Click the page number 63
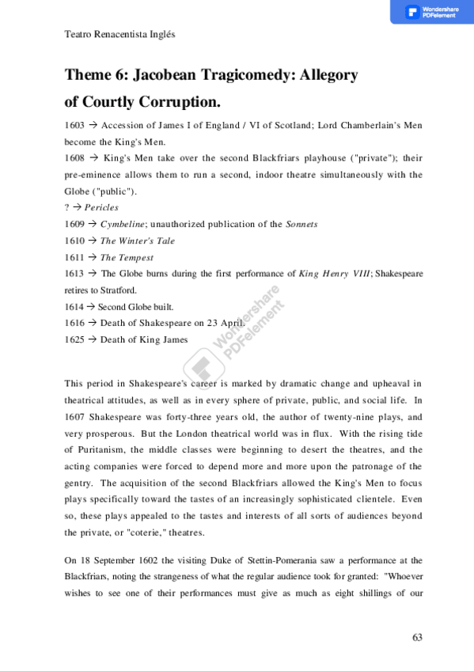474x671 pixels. click(418, 637)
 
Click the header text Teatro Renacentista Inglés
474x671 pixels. click(119, 35)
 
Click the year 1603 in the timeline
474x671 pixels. click(74, 126)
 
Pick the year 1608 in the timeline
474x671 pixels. click(74, 158)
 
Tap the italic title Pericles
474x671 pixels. click(101, 207)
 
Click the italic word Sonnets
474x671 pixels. click(301, 224)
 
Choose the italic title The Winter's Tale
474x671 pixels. click(138, 241)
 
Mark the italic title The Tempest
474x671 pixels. click(127, 257)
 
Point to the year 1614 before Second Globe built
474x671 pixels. click(74, 306)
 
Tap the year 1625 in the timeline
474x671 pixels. click(74, 339)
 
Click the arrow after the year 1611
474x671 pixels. click(92, 257)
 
